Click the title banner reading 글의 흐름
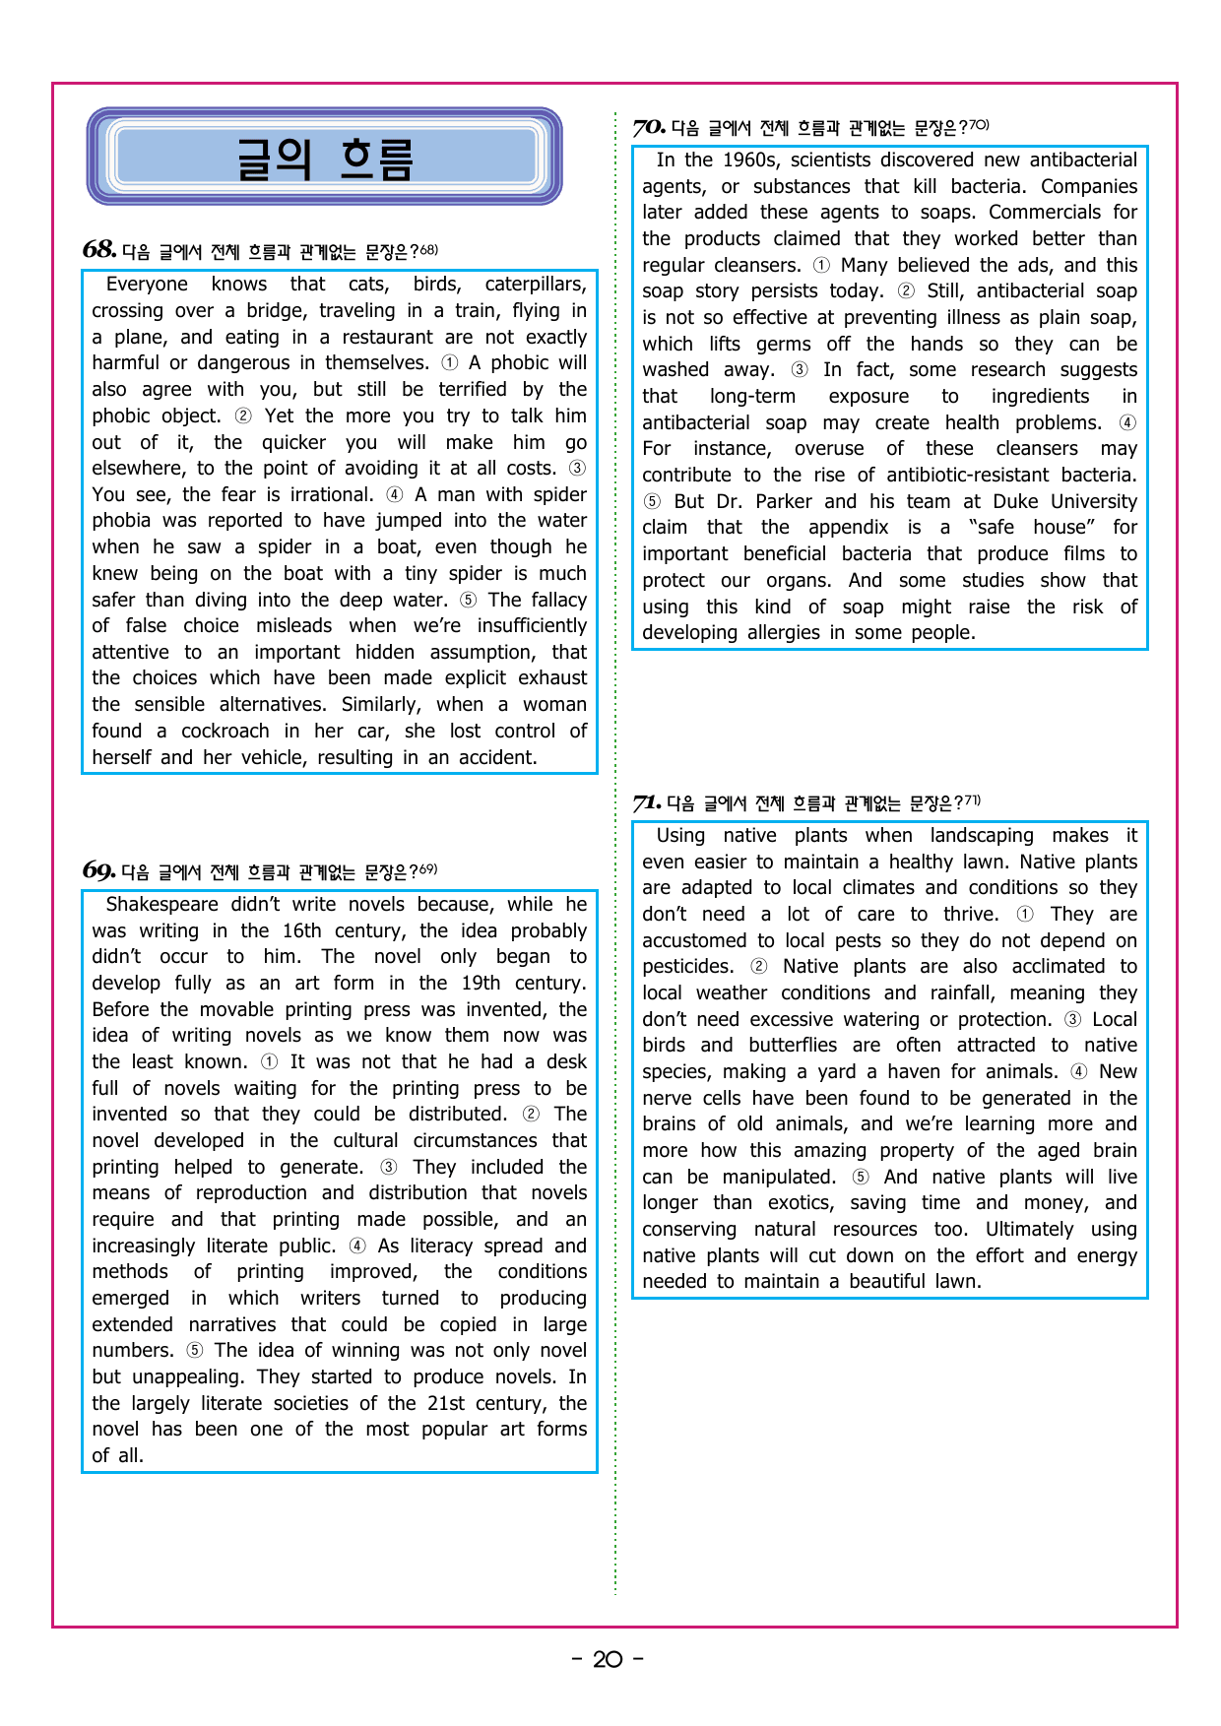tap(324, 158)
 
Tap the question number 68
tap(98, 250)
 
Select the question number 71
tap(646, 803)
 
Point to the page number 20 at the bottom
tap(608, 1660)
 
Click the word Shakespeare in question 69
tap(161, 905)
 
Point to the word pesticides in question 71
tap(687, 967)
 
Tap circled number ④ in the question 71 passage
tap(1079, 1072)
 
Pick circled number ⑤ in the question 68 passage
tap(468, 601)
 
